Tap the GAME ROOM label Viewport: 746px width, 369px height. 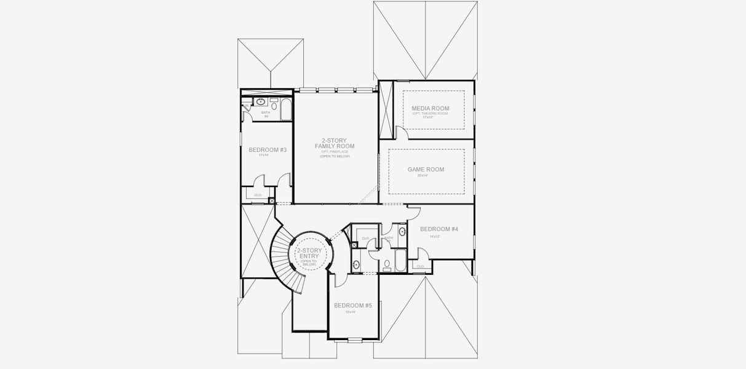[x=426, y=170]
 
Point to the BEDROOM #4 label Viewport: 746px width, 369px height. [x=438, y=229]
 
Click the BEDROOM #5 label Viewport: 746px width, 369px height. [x=352, y=306]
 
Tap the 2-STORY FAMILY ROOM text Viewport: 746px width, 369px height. [x=335, y=143]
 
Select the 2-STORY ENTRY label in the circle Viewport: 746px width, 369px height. [x=309, y=254]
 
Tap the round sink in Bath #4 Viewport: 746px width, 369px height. [x=261, y=101]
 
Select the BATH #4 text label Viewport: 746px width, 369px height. [x=266, y=114]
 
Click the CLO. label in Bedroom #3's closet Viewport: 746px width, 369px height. [x=258, y=195]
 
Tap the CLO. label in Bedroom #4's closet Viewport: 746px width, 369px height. [x=421, y=266]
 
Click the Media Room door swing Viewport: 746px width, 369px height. [x=400, y=132]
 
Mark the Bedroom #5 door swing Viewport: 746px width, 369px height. [x=339, y=280]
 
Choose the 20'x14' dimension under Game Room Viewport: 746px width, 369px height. [x=423, y=176]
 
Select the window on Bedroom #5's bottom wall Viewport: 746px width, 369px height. [x=355, y=339]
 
